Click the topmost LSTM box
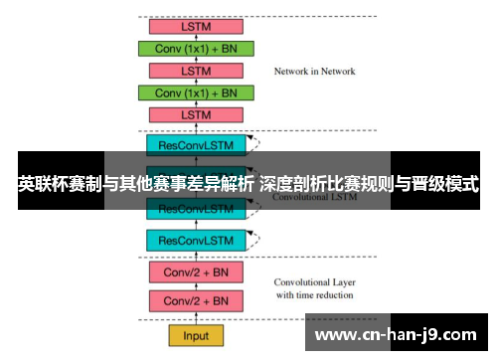pyautogui.click(x=195, y=27)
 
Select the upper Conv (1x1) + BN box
pyautogui.click(x=195, y=49)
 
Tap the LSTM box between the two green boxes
pyautogui.click(x=195, y=71)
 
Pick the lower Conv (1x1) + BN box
pyautogui.click(x=195, y=92)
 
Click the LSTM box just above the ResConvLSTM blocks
pyautogui.click(x=195, y=114)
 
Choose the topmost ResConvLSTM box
pyautogui.click(x=195, y=145)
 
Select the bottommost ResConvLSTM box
pyautogui.click(x=195, y=240)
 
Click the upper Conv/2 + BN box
pyautogui.click(x=195, y=271)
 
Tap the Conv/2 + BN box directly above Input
pyautogui.click(x=195, y=300)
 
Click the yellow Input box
pyautogui.click(x=195, y=336)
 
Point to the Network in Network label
pyautogui.click(x=314, y=72)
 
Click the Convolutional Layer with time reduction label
pyautogui.click(x=313, y=287)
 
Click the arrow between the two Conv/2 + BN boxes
pyautogui.click(x=195, y=286)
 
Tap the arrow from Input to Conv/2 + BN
pyautogui.click(x=195, y=318)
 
